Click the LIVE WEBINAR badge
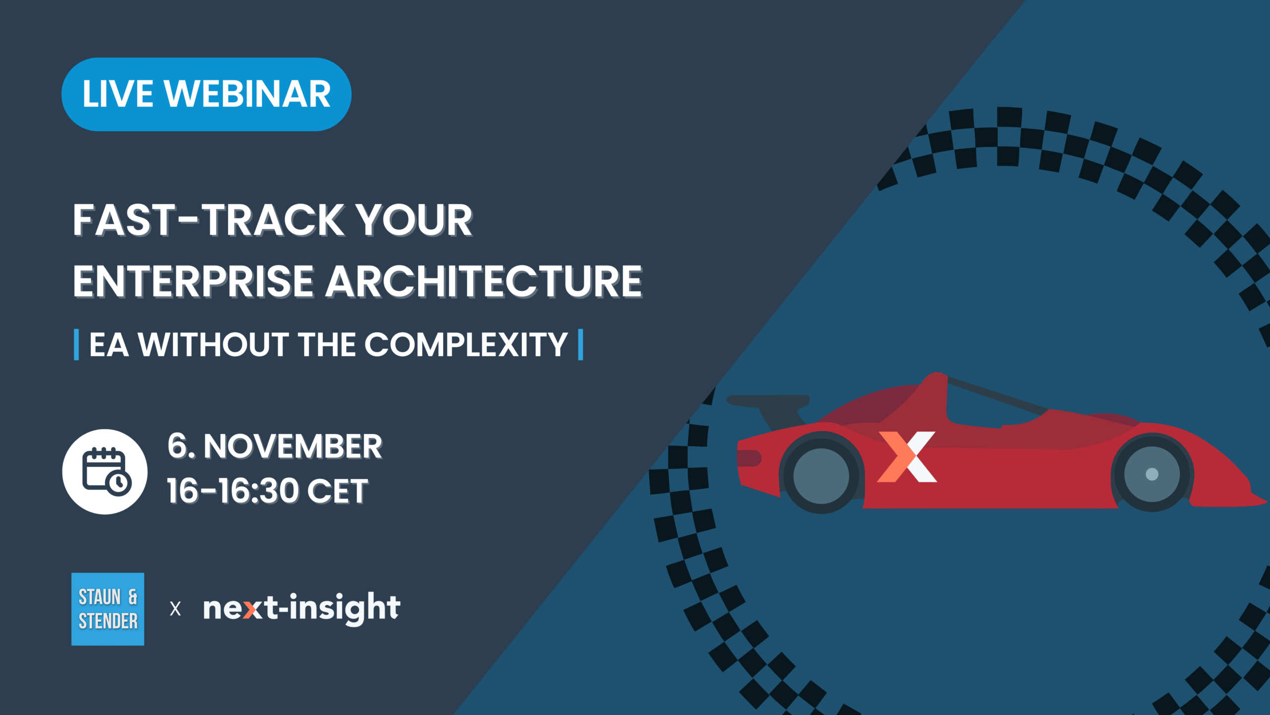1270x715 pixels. click(206, 94)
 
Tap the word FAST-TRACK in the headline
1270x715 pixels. click(209, 220)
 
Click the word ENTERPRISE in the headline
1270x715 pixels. click(193, 281)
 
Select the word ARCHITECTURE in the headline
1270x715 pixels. click(484, 281)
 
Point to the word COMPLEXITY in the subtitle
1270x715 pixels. click(466, 344)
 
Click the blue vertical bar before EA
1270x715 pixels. click(76, 345)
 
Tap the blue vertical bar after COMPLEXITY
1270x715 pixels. click(580, 345)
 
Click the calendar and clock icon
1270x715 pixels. click(105, 472)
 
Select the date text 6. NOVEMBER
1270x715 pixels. click(275, 446)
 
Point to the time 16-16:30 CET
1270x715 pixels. click(267, 491)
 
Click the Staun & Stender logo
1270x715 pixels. click(108, 609)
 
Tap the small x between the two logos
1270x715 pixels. click(175, 609)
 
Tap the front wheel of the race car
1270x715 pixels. click(1151, 474)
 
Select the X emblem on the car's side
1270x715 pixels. click(907, 457)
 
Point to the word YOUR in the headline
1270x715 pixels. click(415, 220)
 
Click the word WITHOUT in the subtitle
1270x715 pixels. click(213, 344)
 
